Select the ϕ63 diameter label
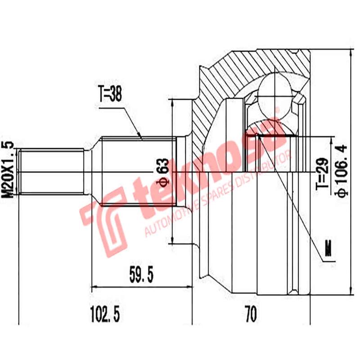[x=162, y=172]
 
